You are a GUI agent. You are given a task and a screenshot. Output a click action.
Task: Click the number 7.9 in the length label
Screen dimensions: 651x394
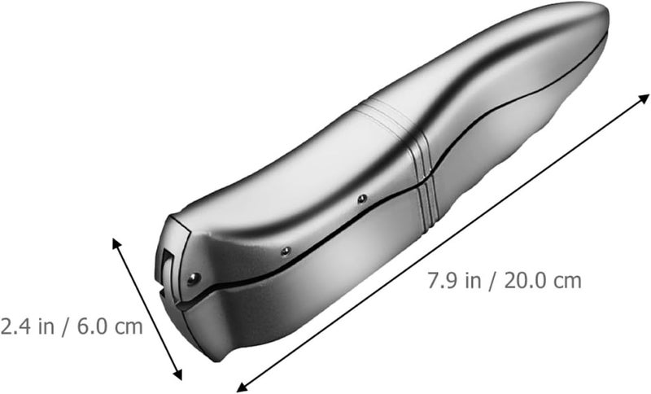(x=442, y=281)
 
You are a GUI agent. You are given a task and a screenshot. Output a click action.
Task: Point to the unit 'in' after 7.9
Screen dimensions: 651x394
(x=473, y=281)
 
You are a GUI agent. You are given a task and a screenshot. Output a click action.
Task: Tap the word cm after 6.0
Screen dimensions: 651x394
(x=129, y=328)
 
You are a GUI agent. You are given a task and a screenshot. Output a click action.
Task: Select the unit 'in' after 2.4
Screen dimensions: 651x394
(x=46, y=326)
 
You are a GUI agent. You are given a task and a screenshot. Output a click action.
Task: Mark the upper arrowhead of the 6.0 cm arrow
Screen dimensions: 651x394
(x=116, y=243)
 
